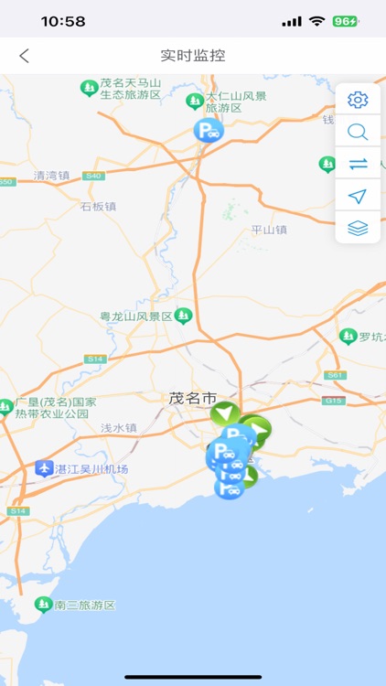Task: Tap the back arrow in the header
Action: pos(24,56)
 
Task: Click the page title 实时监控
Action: pos(193,56)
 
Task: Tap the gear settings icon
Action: pos(358,100)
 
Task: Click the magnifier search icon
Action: pos(358,132)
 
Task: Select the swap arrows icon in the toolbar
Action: pos(358,164)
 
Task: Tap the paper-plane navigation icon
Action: pos(358,196)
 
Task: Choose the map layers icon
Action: pos(358,228)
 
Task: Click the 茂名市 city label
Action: pos(192,399)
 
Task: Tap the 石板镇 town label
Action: pos(98,207)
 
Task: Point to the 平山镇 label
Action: pos(269,230)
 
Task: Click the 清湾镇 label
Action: pos(51,176)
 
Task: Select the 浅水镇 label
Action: pos(118,427)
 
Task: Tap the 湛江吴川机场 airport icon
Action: pos(44,469)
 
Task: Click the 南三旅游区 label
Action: pos(84,606)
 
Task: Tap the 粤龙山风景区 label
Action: pos(136,316)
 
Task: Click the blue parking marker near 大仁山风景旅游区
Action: pos(209,131)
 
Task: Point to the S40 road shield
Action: pos(92,176)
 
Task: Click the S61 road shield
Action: pos(335,375)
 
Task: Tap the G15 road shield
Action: pos(335,401)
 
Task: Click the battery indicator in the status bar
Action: pos(345,21)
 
